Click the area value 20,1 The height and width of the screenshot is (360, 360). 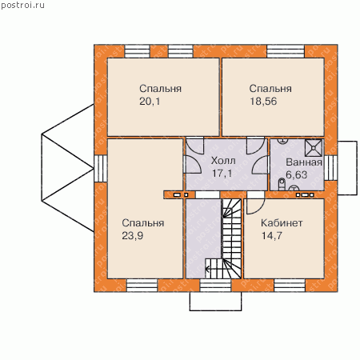coord(150,102)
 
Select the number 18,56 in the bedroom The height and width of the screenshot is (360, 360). coord(263,102)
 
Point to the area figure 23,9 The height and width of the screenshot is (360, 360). coord(133,236)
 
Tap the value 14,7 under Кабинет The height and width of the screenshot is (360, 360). coord(271,236)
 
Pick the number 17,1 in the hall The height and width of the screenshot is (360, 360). coord(222,174)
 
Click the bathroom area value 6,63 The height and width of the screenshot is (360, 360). coord(296,175)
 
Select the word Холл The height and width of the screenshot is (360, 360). coord(223,161)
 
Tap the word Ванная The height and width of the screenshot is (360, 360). coord(304,162)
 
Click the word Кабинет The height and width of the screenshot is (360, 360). coord(282,223)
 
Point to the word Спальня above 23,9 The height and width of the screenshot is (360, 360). coord(143,223)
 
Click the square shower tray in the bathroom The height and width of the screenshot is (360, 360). coord(314,148)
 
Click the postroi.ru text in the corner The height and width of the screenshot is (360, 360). coord(22,6)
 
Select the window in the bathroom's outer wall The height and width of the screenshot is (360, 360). coord(330,168)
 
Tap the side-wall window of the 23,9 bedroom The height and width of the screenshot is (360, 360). coord(101,168)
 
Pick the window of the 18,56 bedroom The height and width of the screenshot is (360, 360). coord(286,51)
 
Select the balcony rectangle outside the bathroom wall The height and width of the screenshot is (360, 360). coord(347,168)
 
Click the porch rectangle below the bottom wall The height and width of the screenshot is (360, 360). coord(215,302)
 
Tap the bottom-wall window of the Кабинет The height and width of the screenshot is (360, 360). coord(290,286)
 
